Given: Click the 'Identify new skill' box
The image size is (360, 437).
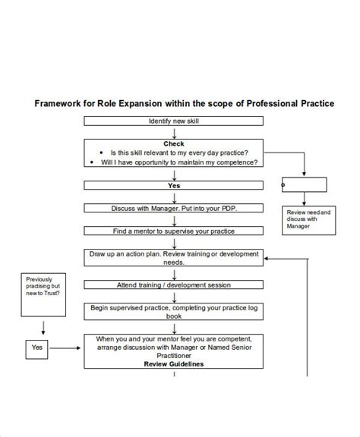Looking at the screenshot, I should tap(174, 121).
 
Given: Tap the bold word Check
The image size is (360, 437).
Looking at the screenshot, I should tap(174, 143).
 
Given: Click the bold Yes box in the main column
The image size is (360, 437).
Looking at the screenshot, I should tap(174, 185).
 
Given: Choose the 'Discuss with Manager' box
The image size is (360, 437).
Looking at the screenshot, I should tap(174, 208).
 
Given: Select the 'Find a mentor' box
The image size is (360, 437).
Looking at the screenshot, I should tap(174, 231).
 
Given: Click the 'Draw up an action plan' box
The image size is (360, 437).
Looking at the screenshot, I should tap(174, 257).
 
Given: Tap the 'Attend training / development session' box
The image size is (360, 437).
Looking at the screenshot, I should tap(174, 285).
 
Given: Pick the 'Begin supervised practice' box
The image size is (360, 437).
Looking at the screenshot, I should tap(174, 313).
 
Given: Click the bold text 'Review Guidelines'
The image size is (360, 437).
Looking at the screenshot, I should tap(174, 364).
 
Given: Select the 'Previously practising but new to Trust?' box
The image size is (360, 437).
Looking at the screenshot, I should tap(43, 286).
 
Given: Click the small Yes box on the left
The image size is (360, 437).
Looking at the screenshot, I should tap(37, 347).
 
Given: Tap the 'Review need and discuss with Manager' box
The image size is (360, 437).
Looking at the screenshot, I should tap(307, 219).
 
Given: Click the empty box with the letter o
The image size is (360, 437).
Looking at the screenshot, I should tap(304, 184).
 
